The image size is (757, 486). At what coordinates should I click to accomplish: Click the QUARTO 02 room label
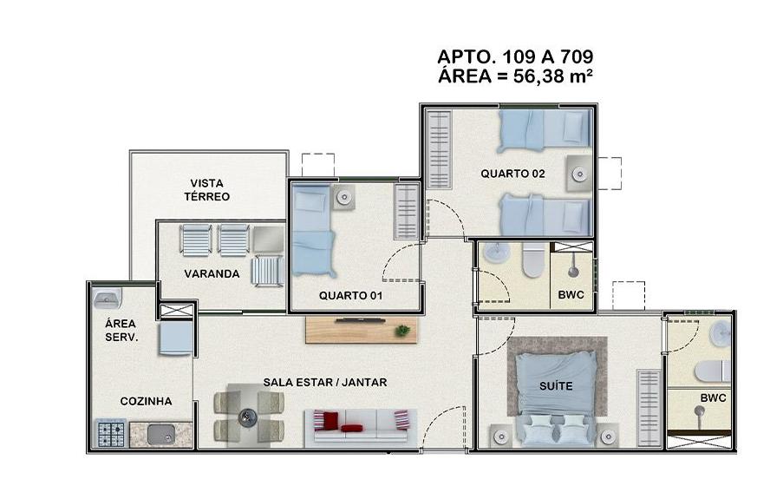[512, 174]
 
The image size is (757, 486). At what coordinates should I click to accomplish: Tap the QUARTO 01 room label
[350, 295]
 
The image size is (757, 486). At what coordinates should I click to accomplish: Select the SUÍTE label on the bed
[556, 386]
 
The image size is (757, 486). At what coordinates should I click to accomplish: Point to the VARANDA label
[212, 274]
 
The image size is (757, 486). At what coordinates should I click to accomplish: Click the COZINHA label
[146, 401]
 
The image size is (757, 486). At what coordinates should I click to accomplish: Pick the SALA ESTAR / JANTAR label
[325, 382]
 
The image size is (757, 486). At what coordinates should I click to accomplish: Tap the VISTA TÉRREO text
[206, 190]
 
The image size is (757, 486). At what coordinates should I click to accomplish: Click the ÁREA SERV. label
[121, 331]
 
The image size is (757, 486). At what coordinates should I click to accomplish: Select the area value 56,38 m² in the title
[552, 76]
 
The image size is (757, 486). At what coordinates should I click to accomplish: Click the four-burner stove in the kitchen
[112, 434]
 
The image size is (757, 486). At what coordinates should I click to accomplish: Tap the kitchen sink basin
[160, 434]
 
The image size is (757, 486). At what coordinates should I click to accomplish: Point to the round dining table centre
[249, 416]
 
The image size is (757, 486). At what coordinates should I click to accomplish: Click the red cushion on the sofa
[351, 428]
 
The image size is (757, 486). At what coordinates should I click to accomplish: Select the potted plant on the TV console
[401, 331]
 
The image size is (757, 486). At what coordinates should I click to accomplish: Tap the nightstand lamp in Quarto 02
[579, 174]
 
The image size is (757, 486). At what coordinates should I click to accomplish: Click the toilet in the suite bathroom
[713, 372]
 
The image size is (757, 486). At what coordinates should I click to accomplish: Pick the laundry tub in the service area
[107, 298]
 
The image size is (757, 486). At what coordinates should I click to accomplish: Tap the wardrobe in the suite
[649, 408]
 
